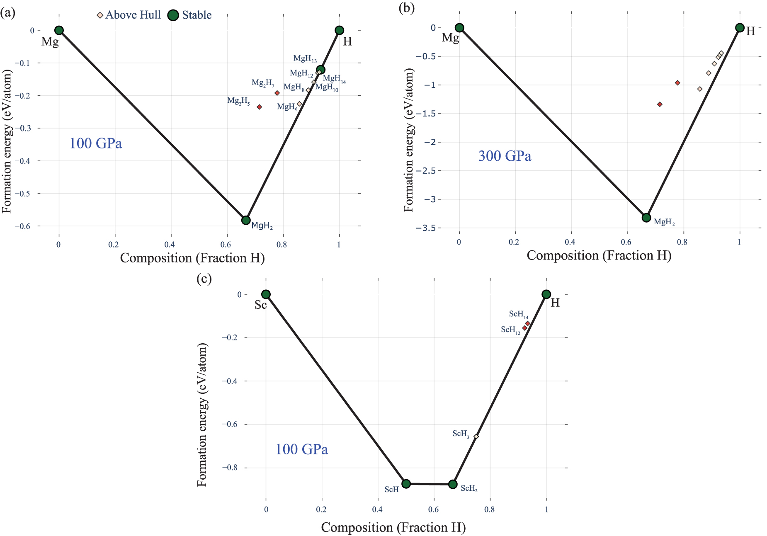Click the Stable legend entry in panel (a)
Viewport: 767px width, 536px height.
coord(190,15)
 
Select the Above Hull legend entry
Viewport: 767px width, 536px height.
coord(129,15)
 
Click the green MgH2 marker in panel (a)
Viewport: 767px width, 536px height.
coord(246,220)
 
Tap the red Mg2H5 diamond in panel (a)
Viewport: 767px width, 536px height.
coord(260,107)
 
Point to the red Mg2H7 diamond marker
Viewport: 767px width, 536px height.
coord(277,93)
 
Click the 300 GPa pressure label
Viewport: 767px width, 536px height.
coord(505,156)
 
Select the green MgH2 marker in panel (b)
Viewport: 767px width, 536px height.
coord(646,218)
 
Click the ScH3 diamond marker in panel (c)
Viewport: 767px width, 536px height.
coord(476,437)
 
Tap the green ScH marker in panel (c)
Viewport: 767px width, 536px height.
coord(406,484)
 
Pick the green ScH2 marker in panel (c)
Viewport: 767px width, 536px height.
coord(453,484)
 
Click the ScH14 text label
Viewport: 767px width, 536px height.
coord(518,315)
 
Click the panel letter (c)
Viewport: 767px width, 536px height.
coord(204,279)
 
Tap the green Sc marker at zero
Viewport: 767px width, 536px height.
coord(266,294)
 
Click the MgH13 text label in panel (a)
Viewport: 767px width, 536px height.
coord(305,59)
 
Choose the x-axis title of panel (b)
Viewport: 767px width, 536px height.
coord(599,256)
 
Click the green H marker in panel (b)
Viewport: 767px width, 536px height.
coord(740,28)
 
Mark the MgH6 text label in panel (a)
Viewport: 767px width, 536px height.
coord(287,107)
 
